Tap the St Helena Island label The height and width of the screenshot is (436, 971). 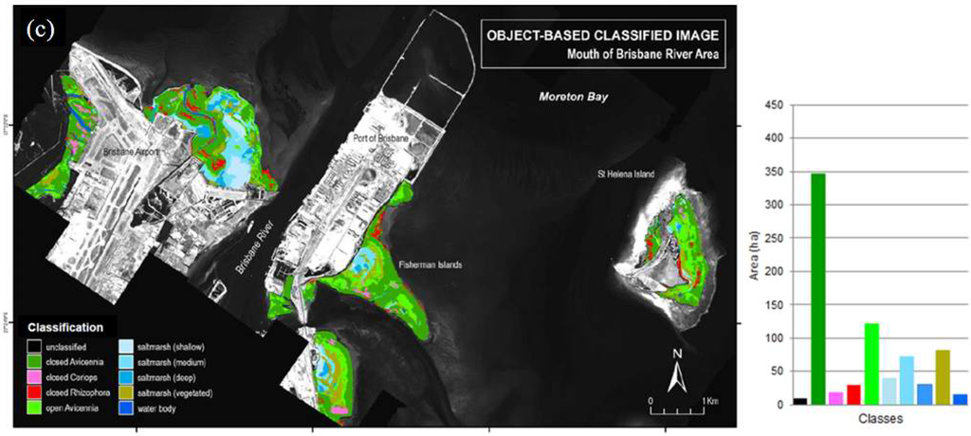click(x=626, y=174)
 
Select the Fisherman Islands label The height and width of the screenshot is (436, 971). click(x=431, y=264)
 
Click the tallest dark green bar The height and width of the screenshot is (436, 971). click(x=818, y=289)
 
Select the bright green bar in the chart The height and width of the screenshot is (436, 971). click(x=870, y=364)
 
